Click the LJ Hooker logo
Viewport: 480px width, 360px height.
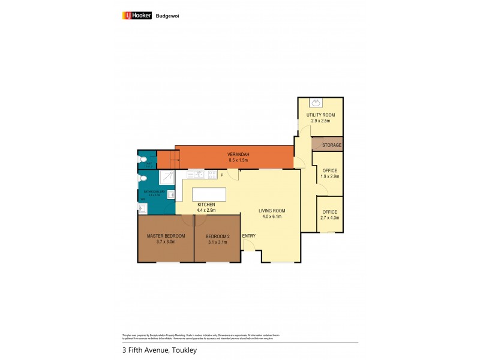(137, 16)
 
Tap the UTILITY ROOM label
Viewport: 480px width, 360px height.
(320, 115)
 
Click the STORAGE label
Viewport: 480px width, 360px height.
(332, 145)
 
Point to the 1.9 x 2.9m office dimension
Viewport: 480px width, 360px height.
(329, 177)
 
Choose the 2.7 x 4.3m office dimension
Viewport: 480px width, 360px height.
(329, 218)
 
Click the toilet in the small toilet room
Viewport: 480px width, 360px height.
(142, 160)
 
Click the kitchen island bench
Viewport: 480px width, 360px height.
(209, 194)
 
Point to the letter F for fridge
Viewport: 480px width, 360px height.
(221, 175)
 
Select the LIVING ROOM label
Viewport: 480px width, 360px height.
(272, 211)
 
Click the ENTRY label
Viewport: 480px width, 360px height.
(249, 236)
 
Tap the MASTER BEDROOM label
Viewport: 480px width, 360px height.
(166, 235)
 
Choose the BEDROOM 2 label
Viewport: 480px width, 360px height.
(217, 236)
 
